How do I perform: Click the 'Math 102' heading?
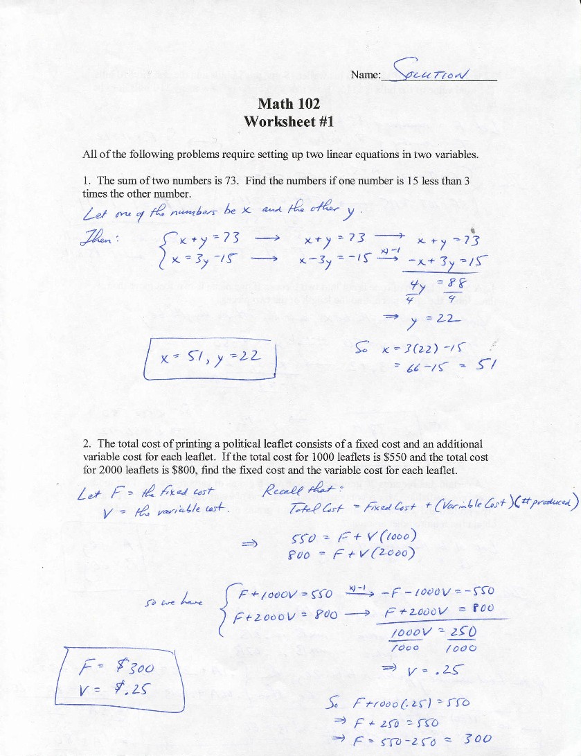click(x=289, y=104)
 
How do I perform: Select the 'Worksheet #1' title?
click(x=289, y=121)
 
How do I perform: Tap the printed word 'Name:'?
click(x=366, y=75)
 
